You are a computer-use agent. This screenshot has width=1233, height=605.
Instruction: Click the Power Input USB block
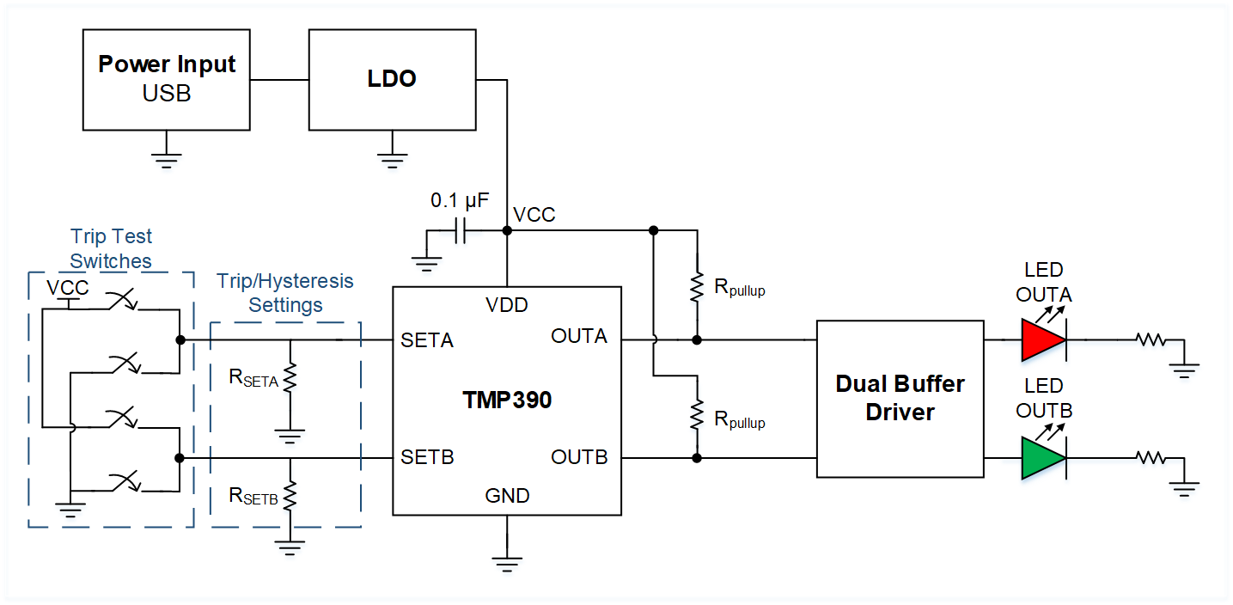(167, 79)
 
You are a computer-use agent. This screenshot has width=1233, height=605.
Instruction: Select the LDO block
(392, 79)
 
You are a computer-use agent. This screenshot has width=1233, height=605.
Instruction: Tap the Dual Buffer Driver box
(900, 398)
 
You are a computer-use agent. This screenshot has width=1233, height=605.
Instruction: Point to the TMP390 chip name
(507, 400)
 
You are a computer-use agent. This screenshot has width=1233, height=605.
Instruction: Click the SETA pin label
(427, 340)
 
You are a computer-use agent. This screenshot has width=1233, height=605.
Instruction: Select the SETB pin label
(427, 457)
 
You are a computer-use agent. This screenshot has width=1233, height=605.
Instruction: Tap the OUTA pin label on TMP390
(579, 336)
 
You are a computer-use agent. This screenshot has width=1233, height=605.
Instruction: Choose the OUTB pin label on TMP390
(579, 457)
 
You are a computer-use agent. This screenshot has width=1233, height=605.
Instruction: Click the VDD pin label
(507, 304)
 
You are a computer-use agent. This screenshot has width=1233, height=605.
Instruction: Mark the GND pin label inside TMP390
(507, 496)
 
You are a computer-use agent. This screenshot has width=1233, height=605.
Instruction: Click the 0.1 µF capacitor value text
(460, 202)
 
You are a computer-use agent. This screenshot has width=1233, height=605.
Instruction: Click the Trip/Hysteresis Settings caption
(285, 293)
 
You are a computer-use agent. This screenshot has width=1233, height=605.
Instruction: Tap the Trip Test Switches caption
(111, 248)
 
